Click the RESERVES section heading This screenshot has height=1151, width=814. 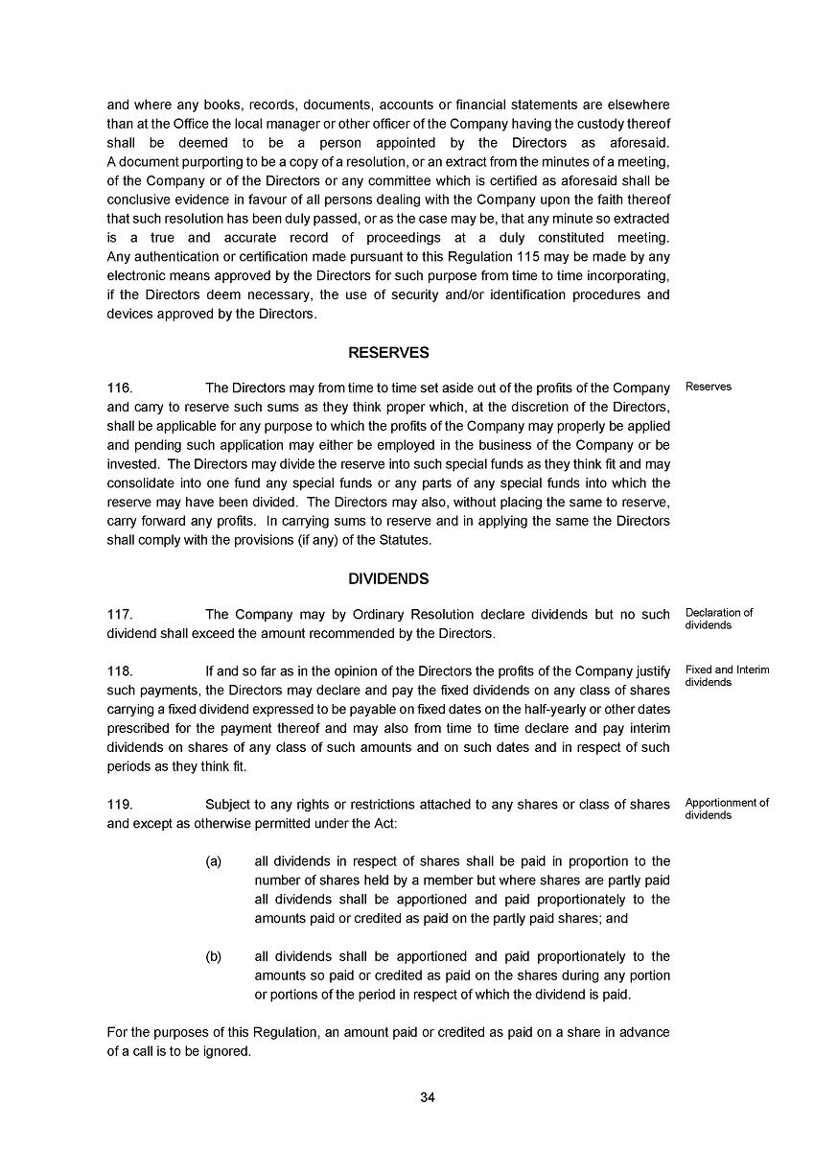click(388, 353)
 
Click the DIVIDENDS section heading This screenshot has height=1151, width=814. click(388, 579)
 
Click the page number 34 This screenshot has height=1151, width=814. click(428, 1098)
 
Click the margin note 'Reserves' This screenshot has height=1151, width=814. click(709, 388)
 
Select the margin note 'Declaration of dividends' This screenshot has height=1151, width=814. click(719, 619)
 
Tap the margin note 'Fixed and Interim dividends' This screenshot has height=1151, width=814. click(727, 676)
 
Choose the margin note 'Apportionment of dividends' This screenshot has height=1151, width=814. click(727, 810)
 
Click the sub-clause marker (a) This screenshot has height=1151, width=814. click(214, 861)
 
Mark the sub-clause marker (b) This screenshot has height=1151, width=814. click(214, 956)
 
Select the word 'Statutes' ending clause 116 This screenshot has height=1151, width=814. click(407, 540)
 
